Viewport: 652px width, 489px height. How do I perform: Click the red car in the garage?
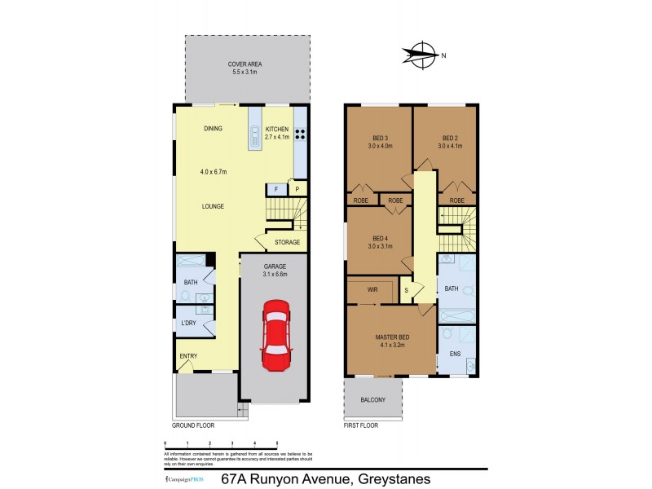[x=275, y=336]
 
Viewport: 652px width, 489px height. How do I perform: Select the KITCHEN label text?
[x=277, y=129]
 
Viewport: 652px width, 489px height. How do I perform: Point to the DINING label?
[x=214, y=129]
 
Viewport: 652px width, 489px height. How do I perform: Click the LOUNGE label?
[x=214, y=206]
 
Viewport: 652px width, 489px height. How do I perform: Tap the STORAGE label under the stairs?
[x=287, y=242]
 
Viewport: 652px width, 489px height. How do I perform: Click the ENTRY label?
[x=188, y=356]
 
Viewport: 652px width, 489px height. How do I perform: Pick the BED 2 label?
[x=451, y=138]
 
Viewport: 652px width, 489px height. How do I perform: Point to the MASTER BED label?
[x=392, y=337]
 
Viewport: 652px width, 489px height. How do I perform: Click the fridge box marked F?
[x=276, y=190]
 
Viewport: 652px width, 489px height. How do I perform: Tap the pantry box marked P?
[x=297, y=190]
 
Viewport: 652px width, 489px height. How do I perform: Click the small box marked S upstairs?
[x=406, y=289]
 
